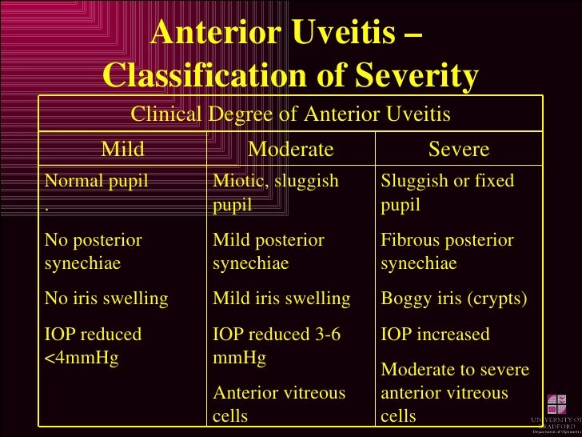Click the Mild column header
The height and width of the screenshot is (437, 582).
122,150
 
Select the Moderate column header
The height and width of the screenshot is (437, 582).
290,150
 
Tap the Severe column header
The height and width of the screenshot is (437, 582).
459,150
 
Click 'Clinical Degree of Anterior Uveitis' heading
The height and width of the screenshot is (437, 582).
290,115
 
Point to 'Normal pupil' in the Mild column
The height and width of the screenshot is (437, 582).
97,181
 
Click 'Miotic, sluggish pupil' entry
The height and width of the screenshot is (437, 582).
275,193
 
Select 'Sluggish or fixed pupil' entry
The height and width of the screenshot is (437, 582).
447,193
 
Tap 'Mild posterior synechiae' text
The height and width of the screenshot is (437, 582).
268,252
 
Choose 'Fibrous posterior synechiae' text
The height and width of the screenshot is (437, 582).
447,252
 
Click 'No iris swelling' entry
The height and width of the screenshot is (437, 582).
106,299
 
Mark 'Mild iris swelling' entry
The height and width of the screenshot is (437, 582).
281,299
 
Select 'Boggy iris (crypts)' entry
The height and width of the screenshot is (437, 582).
454,299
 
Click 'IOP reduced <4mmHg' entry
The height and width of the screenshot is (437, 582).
93,346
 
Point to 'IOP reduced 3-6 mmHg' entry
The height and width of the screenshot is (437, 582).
276,346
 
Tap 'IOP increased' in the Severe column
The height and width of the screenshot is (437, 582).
435,335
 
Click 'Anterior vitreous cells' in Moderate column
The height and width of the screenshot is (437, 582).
278,404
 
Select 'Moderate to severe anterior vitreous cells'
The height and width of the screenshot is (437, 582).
454,392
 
